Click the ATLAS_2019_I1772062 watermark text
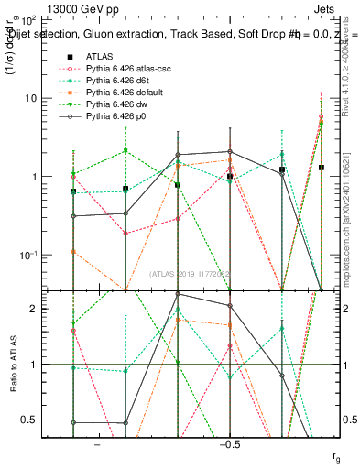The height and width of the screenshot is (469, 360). pyautogui.click(x=190, y=274)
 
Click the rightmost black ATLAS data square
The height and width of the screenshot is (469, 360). pyautogui.click(x=321, y=168)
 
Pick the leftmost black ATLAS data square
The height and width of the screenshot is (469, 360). pyautogui.click(x=73, y=191)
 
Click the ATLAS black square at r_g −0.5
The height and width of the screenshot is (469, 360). pyautogui.click(x=230, y=176)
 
